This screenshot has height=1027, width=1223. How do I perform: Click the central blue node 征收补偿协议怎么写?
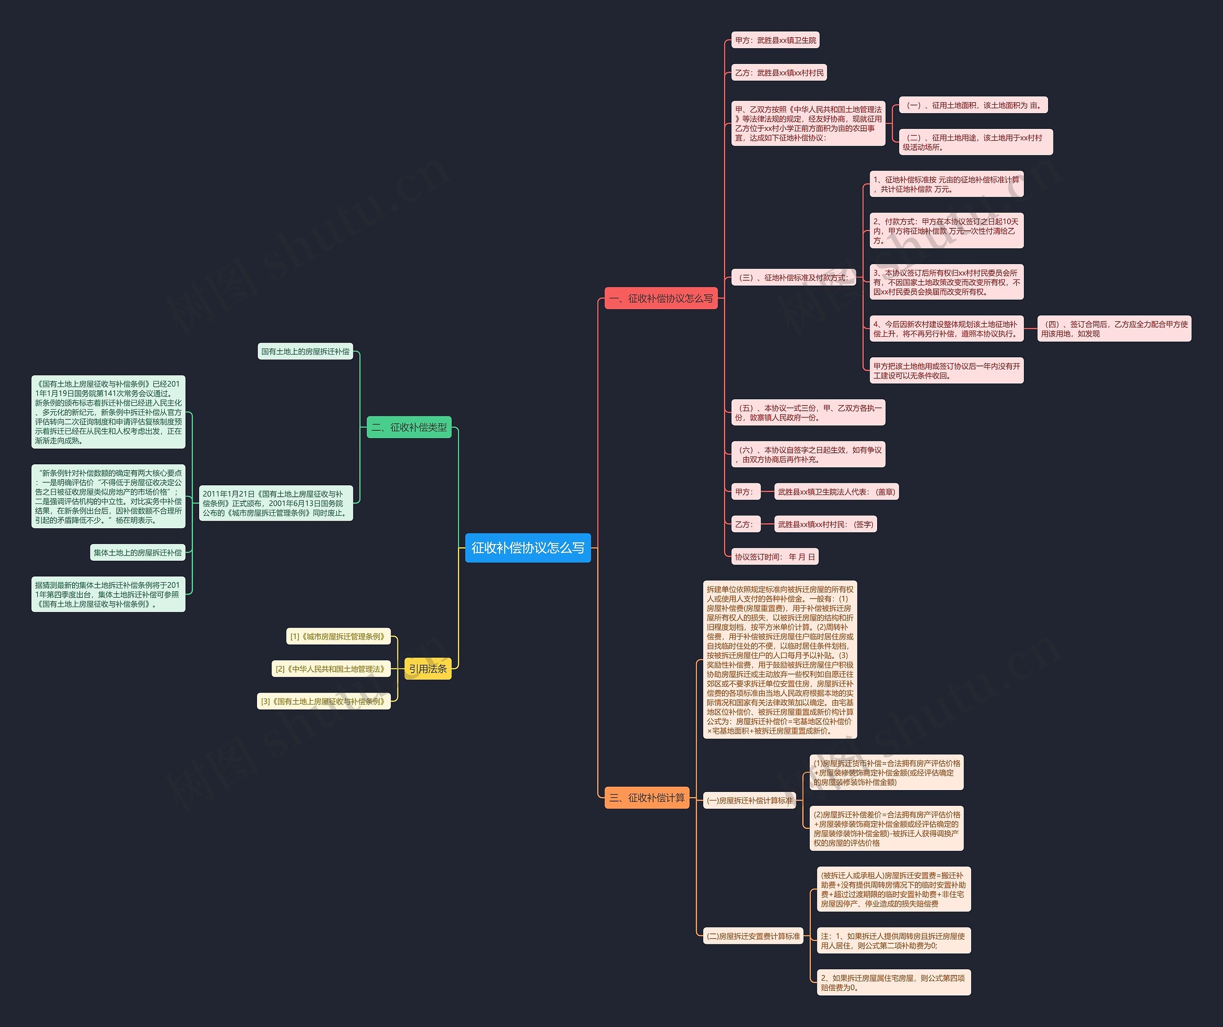527,548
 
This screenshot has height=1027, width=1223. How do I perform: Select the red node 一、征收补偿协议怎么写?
661,299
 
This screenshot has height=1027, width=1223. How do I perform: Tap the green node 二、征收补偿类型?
409,428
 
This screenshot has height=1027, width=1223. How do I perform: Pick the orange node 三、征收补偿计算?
647,798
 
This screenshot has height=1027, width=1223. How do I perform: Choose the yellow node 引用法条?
428,669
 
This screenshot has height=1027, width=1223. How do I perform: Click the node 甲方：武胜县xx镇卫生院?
775,40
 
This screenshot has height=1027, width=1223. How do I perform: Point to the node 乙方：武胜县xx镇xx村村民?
779,73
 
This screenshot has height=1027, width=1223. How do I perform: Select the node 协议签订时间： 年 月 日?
774,557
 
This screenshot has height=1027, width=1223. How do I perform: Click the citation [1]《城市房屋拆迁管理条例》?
338,636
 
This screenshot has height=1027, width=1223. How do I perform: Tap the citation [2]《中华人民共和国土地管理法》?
330,669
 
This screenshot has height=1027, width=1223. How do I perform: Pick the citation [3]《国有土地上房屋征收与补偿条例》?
323,702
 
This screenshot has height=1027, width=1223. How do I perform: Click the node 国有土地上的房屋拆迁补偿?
305,352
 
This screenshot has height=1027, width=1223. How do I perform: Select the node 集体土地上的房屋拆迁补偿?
138,553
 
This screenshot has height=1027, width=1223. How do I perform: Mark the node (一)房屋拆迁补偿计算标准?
750,801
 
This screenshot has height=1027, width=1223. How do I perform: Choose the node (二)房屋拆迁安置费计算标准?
753,936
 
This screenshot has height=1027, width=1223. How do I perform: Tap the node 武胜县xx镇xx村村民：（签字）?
825,524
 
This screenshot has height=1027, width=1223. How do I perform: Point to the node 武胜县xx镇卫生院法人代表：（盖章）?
837,492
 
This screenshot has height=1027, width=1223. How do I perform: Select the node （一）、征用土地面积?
973,106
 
